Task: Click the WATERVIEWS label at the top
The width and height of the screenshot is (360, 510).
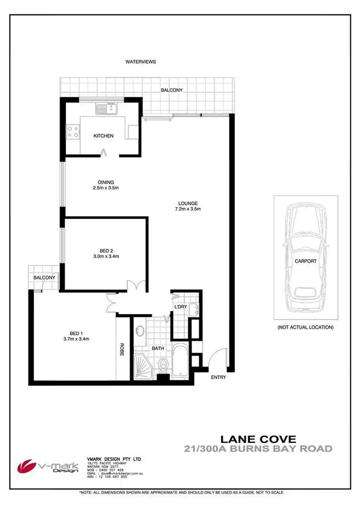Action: [141, 62]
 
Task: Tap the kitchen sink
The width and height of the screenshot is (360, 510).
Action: [107, 108]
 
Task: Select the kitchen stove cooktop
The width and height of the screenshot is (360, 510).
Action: [73, 131]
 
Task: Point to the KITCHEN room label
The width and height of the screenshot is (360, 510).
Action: [103, 136]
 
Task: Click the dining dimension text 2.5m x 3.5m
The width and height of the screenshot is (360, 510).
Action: [106, 188]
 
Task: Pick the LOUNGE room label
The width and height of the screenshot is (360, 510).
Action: [187, 203]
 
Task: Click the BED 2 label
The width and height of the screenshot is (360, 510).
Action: [106, 250]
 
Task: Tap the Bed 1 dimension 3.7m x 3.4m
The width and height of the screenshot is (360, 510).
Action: [77, 339]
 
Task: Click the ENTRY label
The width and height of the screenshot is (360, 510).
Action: [218, 377]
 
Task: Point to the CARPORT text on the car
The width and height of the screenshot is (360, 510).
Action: [306, 261]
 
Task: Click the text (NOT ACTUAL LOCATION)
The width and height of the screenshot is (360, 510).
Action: [305, 327]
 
